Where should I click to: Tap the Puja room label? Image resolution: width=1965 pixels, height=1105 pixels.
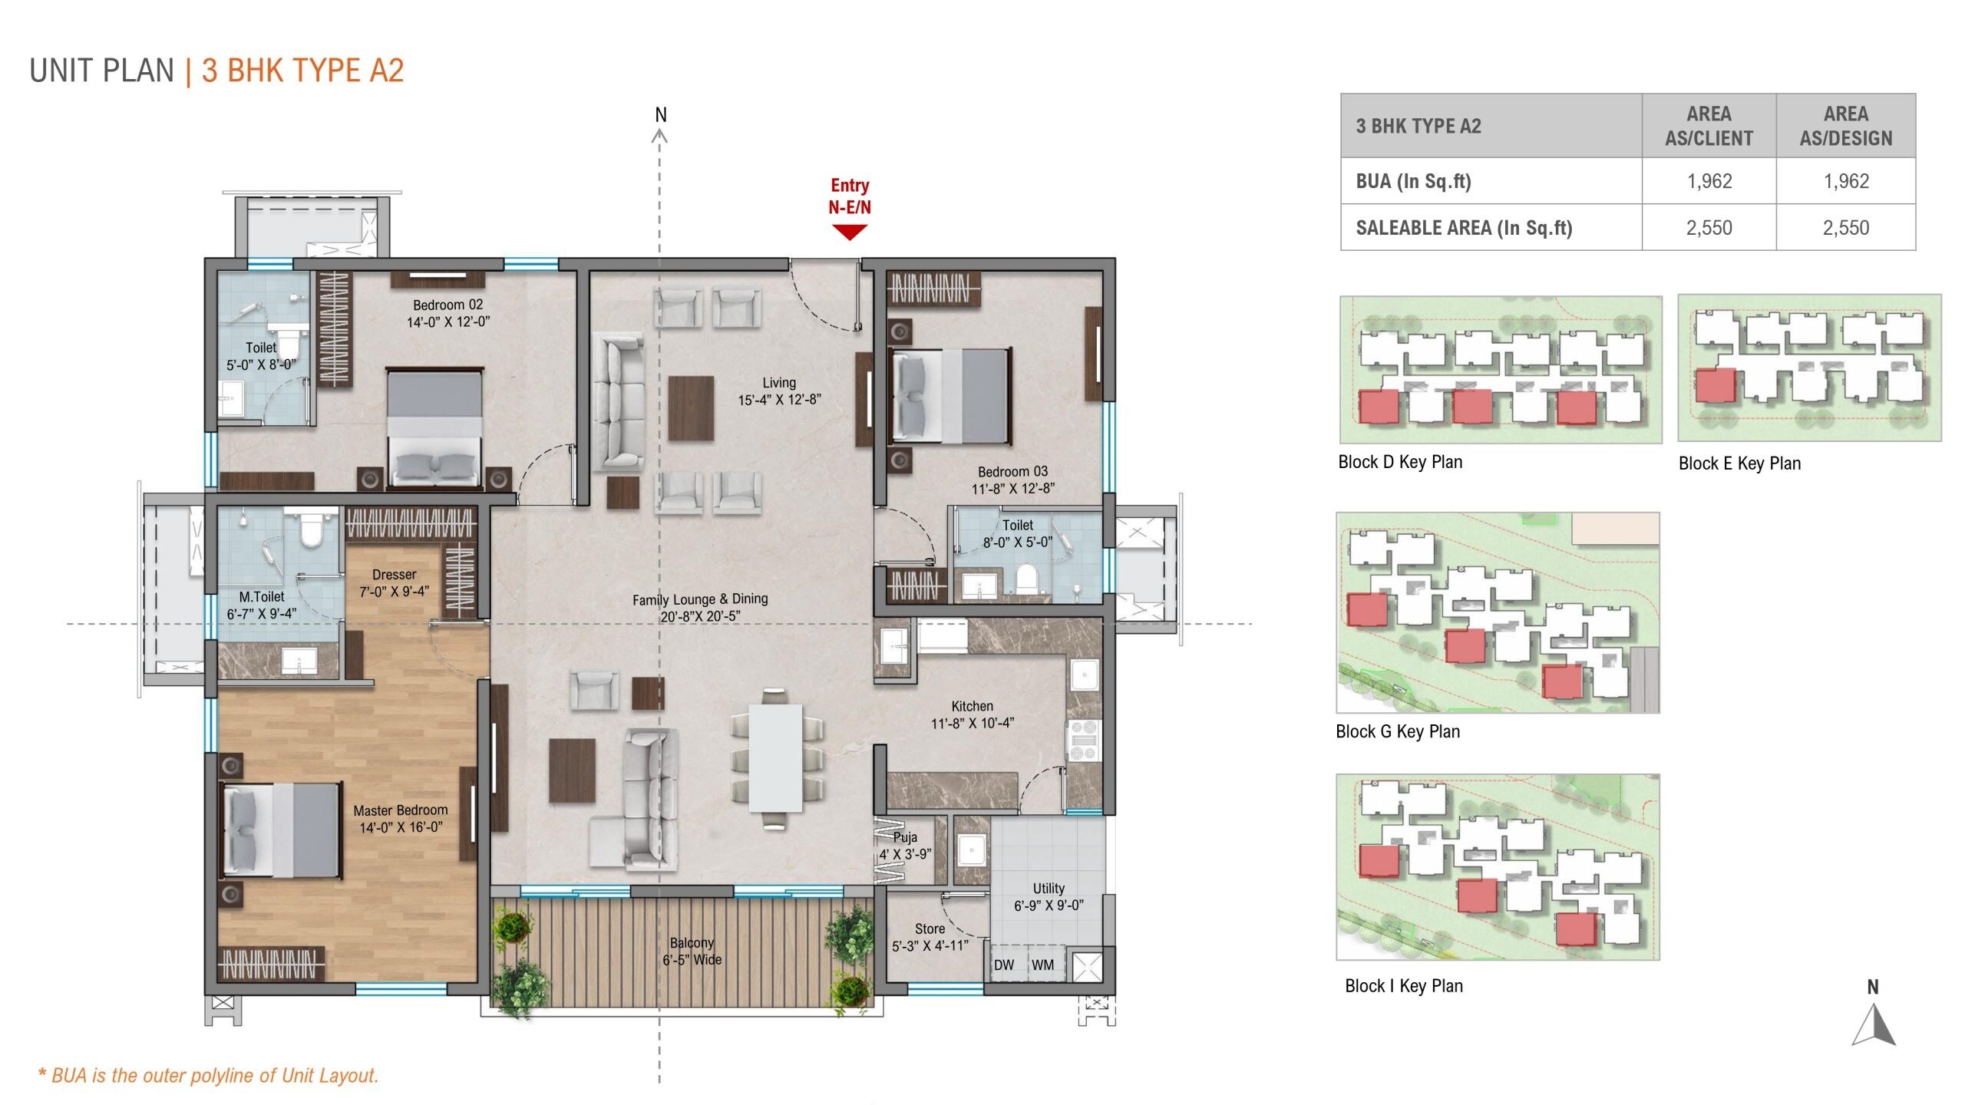click(905, 837)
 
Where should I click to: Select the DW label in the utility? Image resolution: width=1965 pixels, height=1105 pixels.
click(1004, 965)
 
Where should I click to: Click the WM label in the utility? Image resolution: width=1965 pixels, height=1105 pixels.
click(1042, 965)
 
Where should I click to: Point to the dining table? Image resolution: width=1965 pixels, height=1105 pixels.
click(775, 757)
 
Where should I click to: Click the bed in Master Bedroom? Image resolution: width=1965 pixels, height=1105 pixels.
click(281, 830)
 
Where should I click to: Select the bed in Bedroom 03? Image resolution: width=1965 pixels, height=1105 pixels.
click(949, 395)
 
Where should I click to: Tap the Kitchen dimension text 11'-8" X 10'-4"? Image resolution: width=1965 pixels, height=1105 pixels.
click(972, 723)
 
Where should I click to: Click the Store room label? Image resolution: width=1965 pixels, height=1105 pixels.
click(930, 929)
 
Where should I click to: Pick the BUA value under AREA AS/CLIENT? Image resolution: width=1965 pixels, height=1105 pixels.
click(1709, 181)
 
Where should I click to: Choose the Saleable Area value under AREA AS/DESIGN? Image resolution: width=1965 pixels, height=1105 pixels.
click(1845, 228)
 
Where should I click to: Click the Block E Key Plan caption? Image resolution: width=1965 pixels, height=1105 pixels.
click(1739, 463)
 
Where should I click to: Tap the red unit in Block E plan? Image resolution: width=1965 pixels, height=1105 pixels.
click(1715, 385)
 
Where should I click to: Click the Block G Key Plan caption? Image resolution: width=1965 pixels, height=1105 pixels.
click(1398, 731)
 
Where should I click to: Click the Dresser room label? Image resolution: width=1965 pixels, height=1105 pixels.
click(394, 575)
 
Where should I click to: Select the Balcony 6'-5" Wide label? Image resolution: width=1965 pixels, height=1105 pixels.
click(692, 951)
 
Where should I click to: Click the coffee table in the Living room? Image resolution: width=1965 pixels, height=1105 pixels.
click(691, 407)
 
